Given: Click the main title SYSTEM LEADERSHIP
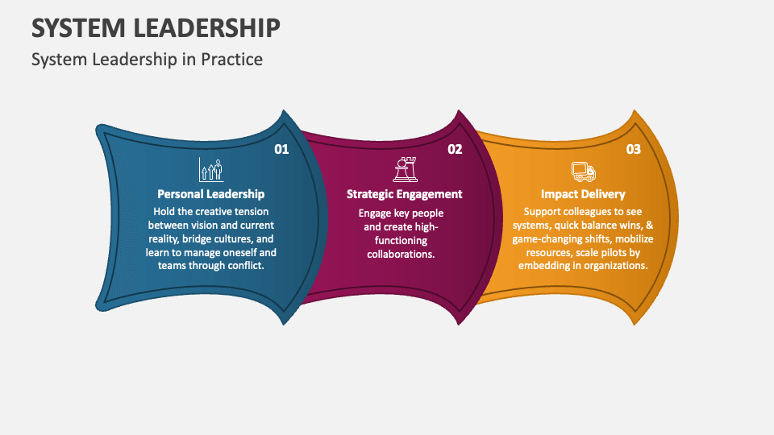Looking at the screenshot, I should coord(156,27).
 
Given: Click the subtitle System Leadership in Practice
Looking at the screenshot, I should coord(147,60).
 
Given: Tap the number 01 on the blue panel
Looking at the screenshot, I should coord(281,149).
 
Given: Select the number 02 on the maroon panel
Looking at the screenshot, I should coord(455,149).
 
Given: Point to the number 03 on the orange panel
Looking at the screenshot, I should coord(633,149).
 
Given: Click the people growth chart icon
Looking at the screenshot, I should coord(210,169).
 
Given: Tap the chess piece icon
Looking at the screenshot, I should coord(404,169).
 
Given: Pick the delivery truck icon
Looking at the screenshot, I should coord(583,171).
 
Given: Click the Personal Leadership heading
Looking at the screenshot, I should coord(210,194).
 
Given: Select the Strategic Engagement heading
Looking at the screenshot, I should coord(404,194).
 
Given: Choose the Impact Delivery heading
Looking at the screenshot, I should coord(583,194).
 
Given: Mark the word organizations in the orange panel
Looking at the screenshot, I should coord(615,266).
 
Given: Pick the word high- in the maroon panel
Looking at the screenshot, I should coord(426,226).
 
